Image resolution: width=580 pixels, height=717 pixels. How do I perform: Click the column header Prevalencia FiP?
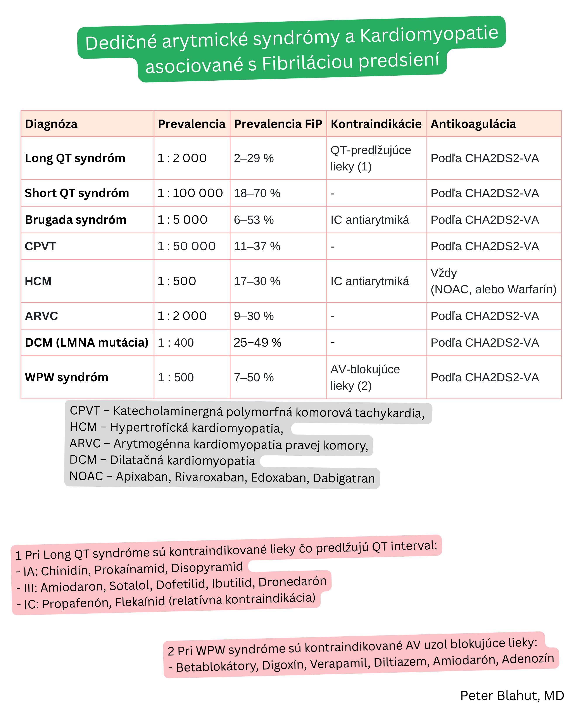click(278, 124)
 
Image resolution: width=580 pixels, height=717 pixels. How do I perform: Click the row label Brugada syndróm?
click(76, 220)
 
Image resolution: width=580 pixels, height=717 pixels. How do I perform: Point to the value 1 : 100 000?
click(190, 193)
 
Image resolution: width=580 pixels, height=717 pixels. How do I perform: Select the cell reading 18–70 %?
click(257, 193)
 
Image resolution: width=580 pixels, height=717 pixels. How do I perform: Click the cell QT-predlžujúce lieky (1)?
click(371, 158)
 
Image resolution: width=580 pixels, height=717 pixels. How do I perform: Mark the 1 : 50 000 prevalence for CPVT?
click(186, 246)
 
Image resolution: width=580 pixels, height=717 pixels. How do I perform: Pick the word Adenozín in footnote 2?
click(528, 659)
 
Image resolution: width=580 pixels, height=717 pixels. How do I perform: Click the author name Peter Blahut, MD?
click(512, 695)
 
